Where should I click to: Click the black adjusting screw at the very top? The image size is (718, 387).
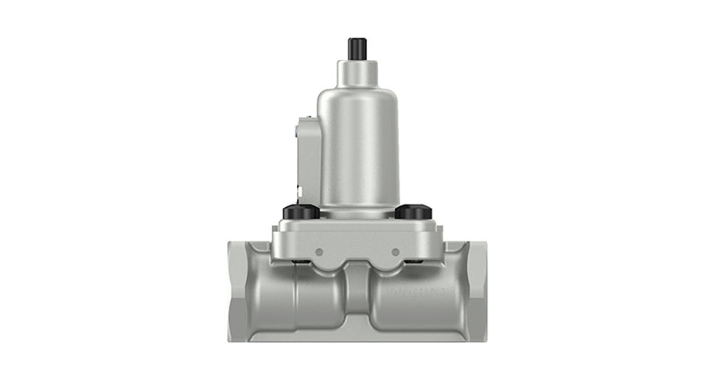tap(357, 48)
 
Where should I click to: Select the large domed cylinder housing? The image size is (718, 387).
tap(358, 144)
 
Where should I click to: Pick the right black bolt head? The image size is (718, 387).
tap(414, 213)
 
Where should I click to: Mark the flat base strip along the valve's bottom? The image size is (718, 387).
tap(358, 336)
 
